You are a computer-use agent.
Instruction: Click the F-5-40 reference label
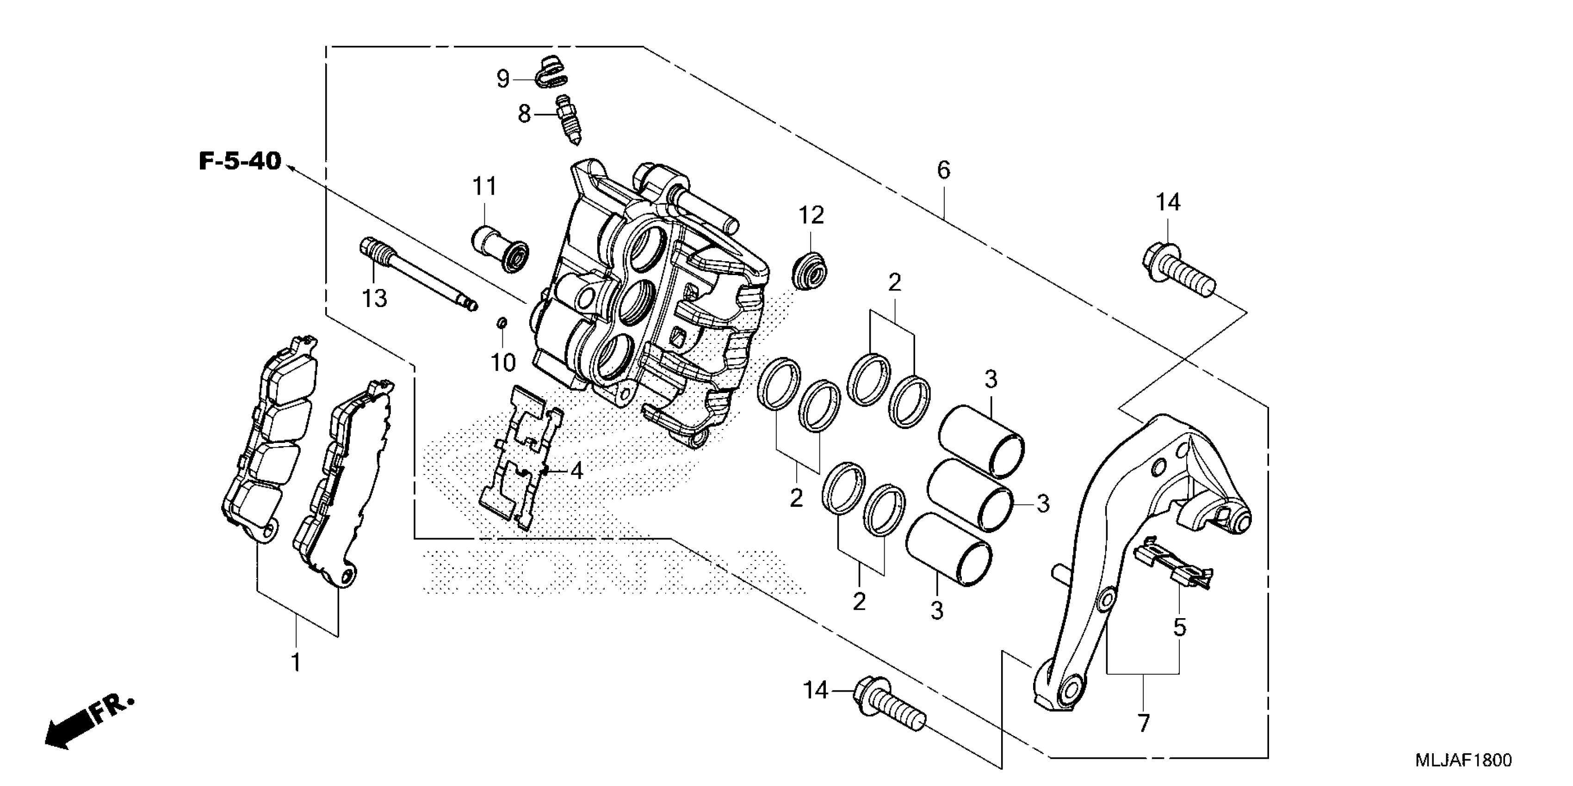pos(240,162)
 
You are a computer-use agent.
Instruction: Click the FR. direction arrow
pos(88,725)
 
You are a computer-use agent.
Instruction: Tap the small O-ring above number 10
pos(502,322)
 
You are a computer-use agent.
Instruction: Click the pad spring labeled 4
pos(520,456)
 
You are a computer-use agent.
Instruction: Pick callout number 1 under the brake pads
pos(296,663)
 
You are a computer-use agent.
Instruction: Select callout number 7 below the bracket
pos(1143,723)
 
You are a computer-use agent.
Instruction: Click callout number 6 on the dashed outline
pos(943,170)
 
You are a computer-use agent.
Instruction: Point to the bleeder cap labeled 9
pos(554,73)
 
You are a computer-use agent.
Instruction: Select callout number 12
pos(811,215)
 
